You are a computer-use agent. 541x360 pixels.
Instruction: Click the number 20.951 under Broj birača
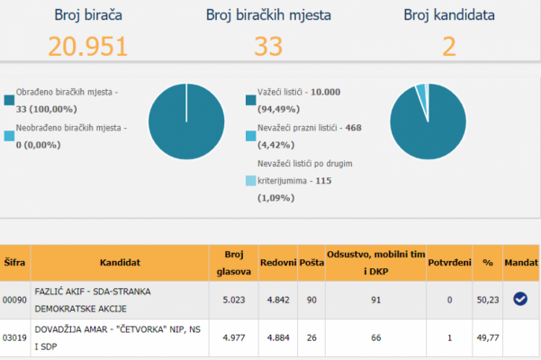click(x=87, y=46)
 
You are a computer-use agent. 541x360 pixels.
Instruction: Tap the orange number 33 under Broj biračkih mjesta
click(x=267, y=46)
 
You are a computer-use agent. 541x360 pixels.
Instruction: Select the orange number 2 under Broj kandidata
click(x=449, y=46)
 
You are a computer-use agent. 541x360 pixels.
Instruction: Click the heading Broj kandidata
click(x=449, y=14)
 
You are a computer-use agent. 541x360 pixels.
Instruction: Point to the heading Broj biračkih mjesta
click(x=267, y=14)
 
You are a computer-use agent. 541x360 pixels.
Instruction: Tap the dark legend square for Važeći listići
click(x=249, y=99)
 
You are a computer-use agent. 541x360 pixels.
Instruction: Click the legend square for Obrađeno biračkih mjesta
click(x=9, y=99)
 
